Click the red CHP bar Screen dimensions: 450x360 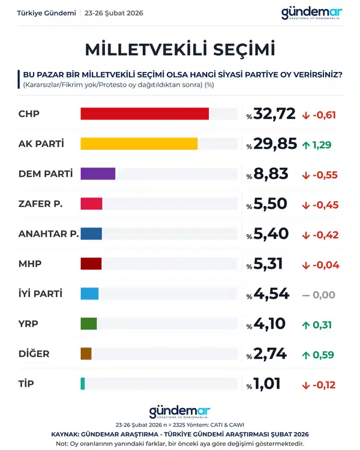pos(144,114)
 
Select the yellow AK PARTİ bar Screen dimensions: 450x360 pos(139,144)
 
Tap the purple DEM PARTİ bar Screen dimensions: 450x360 pos(98,174)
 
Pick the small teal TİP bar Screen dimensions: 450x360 pos(83,383)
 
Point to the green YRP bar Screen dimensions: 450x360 pos(88,323)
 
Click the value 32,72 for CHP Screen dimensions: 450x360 pos(275,114)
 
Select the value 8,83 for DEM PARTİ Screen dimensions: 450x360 pos(271,174)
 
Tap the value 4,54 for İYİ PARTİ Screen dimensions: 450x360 pos(271,294)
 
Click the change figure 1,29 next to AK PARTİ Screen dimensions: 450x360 pos(322,145)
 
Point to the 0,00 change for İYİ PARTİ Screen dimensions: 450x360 pos(325,295)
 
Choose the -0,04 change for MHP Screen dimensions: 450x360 pos(325,265)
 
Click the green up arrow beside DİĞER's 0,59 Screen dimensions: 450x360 pos(305,355)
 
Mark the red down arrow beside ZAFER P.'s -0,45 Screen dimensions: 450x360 pos(305,205)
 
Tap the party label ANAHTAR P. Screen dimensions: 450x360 pos(49,234)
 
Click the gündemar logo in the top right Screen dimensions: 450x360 pos(312,13)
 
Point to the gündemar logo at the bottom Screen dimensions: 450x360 pos(179,411)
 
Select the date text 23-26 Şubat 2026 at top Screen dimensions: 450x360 pos(115,13)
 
